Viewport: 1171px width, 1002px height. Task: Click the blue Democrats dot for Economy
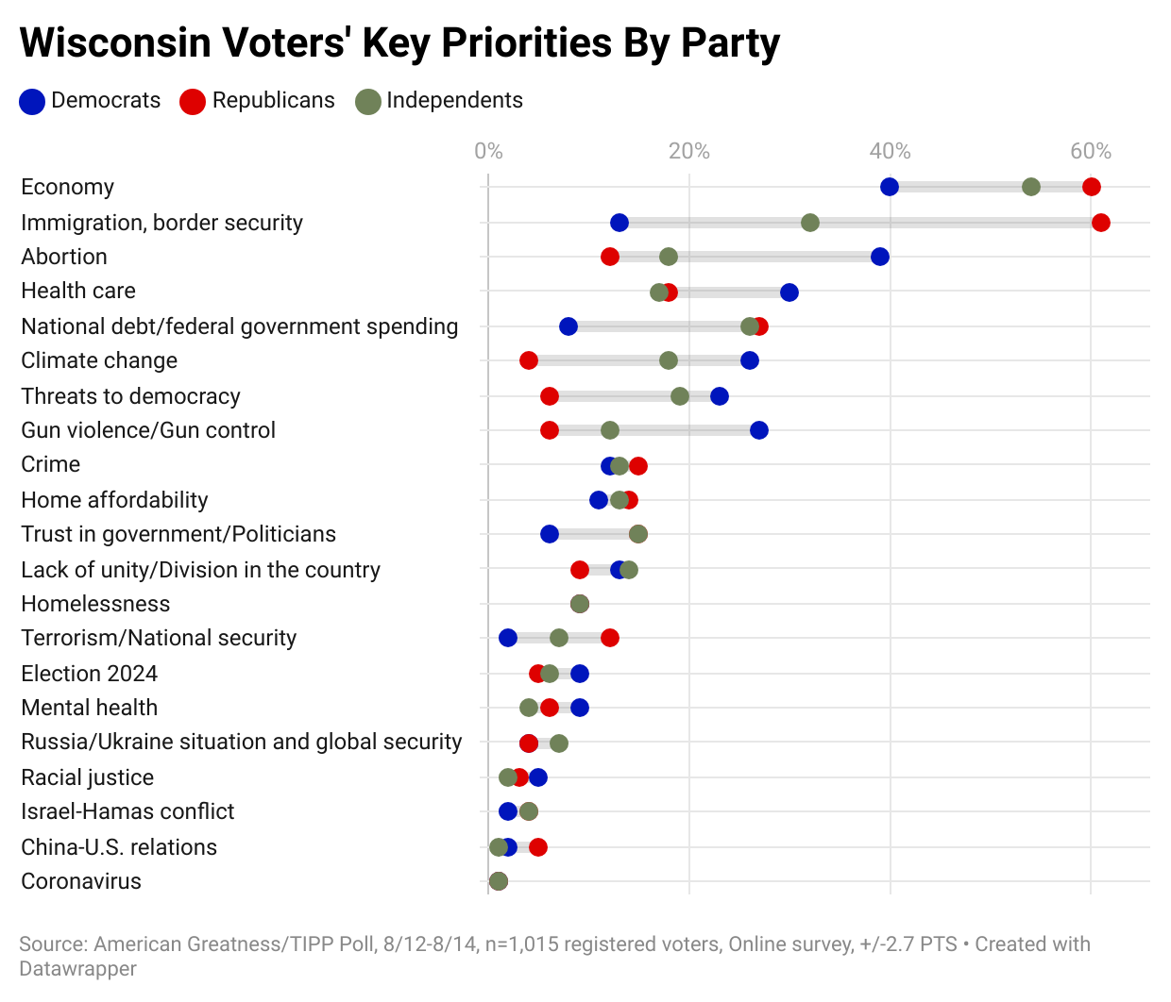[889, 187]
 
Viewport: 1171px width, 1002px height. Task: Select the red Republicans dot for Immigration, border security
[1100, 223]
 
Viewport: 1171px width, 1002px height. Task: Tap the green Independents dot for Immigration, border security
[809, 223]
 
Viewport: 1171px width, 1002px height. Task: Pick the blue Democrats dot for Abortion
[879, 257]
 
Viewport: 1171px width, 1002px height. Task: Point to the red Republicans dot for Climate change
[529, 360]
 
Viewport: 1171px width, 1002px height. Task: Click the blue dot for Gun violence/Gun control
[758, 430]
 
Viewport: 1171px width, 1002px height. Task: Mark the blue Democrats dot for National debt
[568, 326]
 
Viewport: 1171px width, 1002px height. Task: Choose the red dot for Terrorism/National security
[609, 638]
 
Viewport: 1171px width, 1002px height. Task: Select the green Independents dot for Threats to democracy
[679, 396]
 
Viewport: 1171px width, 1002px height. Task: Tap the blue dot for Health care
[789, 292]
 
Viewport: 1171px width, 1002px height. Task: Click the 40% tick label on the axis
[890, 151]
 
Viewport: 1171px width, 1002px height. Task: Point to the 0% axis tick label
[488, 151]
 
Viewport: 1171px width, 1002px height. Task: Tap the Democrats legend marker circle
[32, 102]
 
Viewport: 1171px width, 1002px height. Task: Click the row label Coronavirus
[81, 881]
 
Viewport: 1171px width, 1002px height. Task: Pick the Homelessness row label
[95, 604]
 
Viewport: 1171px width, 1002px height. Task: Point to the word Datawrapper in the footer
[77, 969]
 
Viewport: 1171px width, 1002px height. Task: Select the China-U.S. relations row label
[119, 847]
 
